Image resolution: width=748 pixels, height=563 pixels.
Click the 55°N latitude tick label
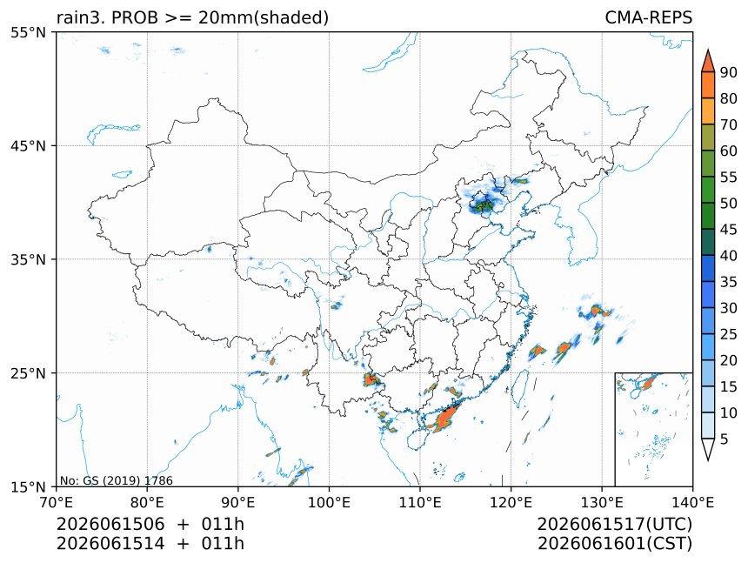[28, 32]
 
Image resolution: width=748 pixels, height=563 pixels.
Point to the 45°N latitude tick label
[28, 145]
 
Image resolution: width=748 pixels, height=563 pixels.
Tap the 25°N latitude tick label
[28, 372]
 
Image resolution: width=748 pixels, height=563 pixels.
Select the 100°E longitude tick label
[329, 502]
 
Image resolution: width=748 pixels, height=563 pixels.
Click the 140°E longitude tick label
[692, 502]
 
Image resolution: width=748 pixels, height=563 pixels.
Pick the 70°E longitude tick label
[57, 502]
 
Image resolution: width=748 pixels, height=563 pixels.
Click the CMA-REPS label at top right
[648, 17]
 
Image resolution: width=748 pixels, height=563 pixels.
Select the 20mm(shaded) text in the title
[264, 17]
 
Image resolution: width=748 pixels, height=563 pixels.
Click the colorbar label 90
[729, 72]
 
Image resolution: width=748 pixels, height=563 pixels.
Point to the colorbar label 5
[725, 439]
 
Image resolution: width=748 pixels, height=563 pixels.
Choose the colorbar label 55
[729, 177]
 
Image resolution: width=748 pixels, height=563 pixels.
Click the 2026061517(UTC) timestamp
[614, 524]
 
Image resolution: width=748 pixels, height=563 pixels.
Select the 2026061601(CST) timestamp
[614, 544]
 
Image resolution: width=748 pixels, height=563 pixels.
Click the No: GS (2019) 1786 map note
[116, 480]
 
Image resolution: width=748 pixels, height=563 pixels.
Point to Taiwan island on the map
[519, 387]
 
